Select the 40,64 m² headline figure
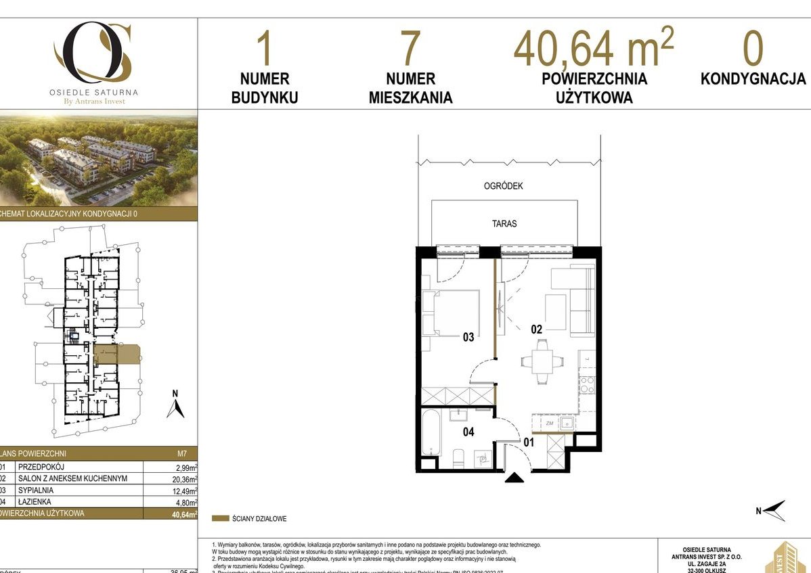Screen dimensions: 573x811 point(593,47)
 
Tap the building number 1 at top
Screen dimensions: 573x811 point(265,49)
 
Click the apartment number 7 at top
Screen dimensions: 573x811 point(410,49)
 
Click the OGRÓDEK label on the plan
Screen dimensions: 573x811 point(504,186)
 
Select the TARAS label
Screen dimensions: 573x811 point(504,223)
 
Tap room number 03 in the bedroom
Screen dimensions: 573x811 point(468,336)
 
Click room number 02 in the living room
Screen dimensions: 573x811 point(537,329)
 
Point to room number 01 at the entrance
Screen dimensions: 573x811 point(529,442)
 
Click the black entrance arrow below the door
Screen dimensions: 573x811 point(515,478)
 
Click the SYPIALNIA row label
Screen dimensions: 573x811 point(41,490)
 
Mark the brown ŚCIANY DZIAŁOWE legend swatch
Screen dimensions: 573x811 point(221,519)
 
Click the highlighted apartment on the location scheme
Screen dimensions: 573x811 point(116,354)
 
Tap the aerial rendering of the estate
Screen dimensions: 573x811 point(98,160)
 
